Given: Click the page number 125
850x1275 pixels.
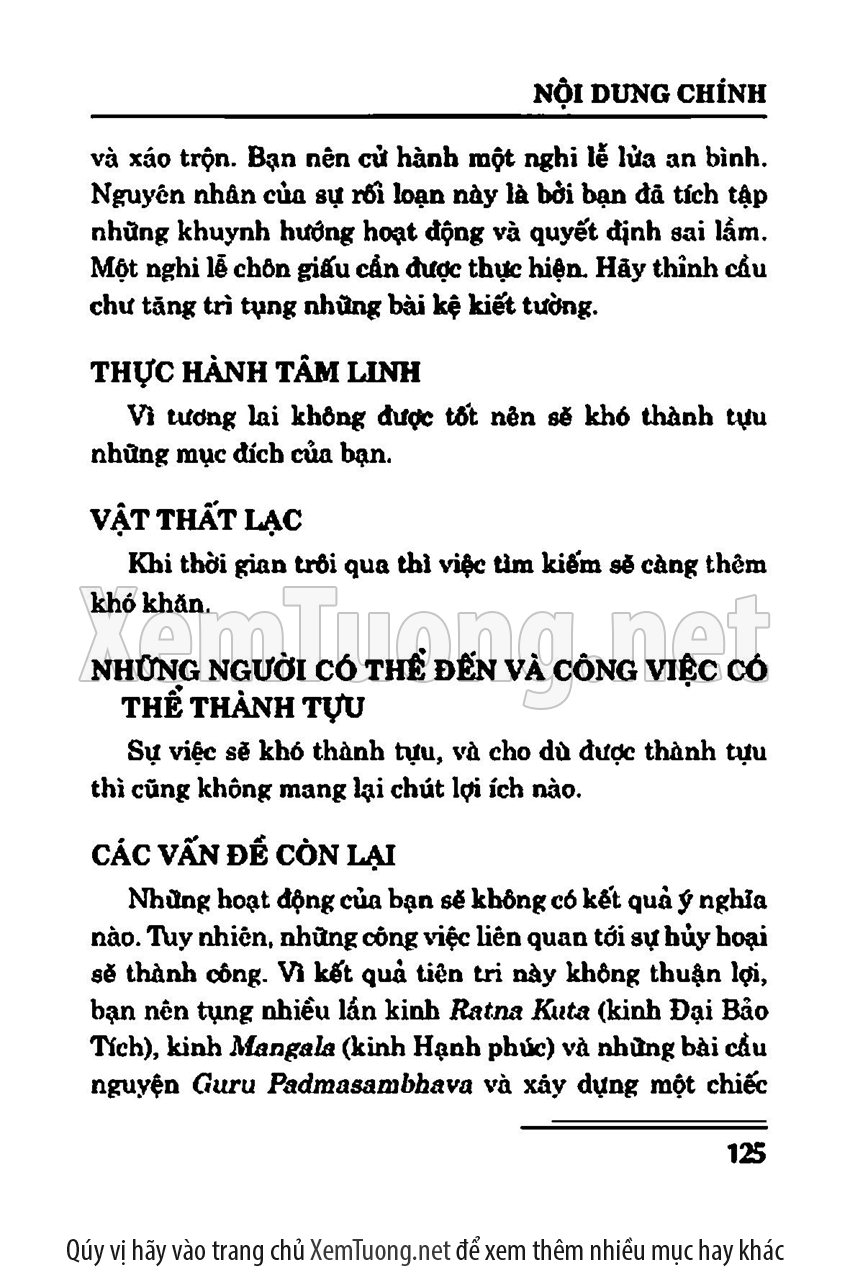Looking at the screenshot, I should coord(741,1152).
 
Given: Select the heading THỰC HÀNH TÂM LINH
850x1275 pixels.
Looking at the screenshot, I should coord(256,372).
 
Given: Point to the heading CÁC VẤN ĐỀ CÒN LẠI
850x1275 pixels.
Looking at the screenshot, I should coord(243,856).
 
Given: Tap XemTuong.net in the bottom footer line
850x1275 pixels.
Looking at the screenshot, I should coord(377,1250).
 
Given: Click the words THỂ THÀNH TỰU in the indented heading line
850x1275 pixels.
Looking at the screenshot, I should coord(242,707).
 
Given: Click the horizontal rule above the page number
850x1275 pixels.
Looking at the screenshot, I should coord(643,1126).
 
